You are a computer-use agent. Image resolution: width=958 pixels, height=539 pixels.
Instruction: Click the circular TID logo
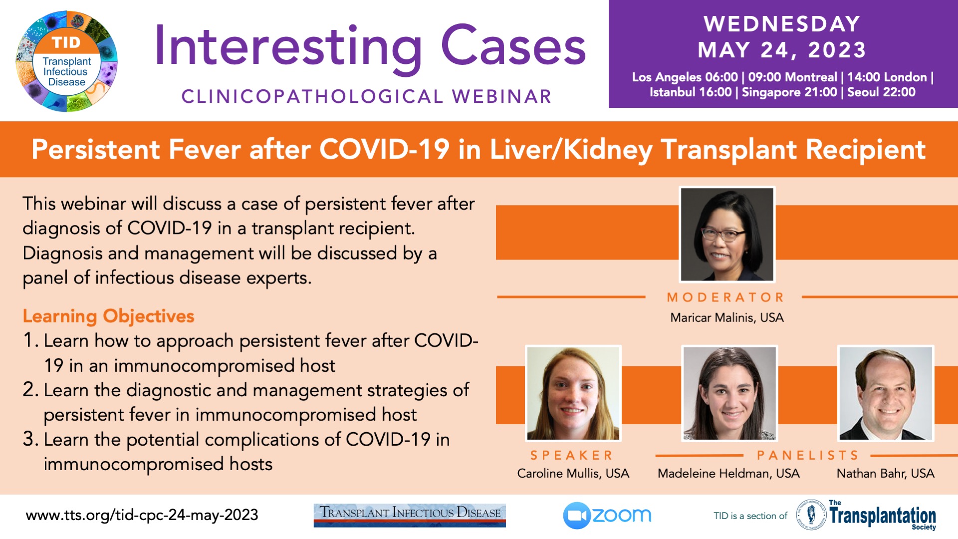tap(67, 61)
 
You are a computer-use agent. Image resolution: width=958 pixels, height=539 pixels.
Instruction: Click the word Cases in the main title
tap(513, 46)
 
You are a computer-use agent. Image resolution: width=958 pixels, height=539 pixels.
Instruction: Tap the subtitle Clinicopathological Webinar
tap(366, 96)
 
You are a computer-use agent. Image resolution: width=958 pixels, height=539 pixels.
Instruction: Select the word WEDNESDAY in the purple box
tap(782, 24)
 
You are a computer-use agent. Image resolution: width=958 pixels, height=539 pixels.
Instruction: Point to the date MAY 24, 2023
tap(782, 50)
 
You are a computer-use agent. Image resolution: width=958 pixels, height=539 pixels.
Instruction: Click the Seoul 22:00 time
tap(881, 92)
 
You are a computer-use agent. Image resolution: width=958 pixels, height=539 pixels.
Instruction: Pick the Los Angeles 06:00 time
tap(685, 77)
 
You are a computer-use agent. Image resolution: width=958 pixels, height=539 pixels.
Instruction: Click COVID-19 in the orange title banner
tap(384, 149)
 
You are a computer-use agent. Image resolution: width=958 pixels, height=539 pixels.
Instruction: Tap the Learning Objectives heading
tap(108, 316)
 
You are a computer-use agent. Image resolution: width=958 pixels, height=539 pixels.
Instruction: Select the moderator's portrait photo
tap(727, 234)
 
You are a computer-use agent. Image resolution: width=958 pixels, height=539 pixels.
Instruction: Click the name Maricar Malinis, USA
tap(727, 318)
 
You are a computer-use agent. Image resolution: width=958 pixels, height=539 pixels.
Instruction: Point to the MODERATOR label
tap(726, 297)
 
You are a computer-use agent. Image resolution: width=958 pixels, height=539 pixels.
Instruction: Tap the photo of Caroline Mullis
tap(573, 393)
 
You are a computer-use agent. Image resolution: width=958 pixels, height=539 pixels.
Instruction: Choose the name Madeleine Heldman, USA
tap(728, 473)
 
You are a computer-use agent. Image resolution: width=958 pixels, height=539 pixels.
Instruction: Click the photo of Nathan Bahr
tap(886, 393)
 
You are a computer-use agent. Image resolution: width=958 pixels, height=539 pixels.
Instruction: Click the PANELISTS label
tap(808, 455)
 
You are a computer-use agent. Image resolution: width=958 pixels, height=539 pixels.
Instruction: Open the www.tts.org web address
tap(142, 515)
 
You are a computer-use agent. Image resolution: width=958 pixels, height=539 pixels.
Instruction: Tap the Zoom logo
tap(607, 516)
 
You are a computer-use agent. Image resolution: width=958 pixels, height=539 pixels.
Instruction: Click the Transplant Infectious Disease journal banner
tap(410, 515)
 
